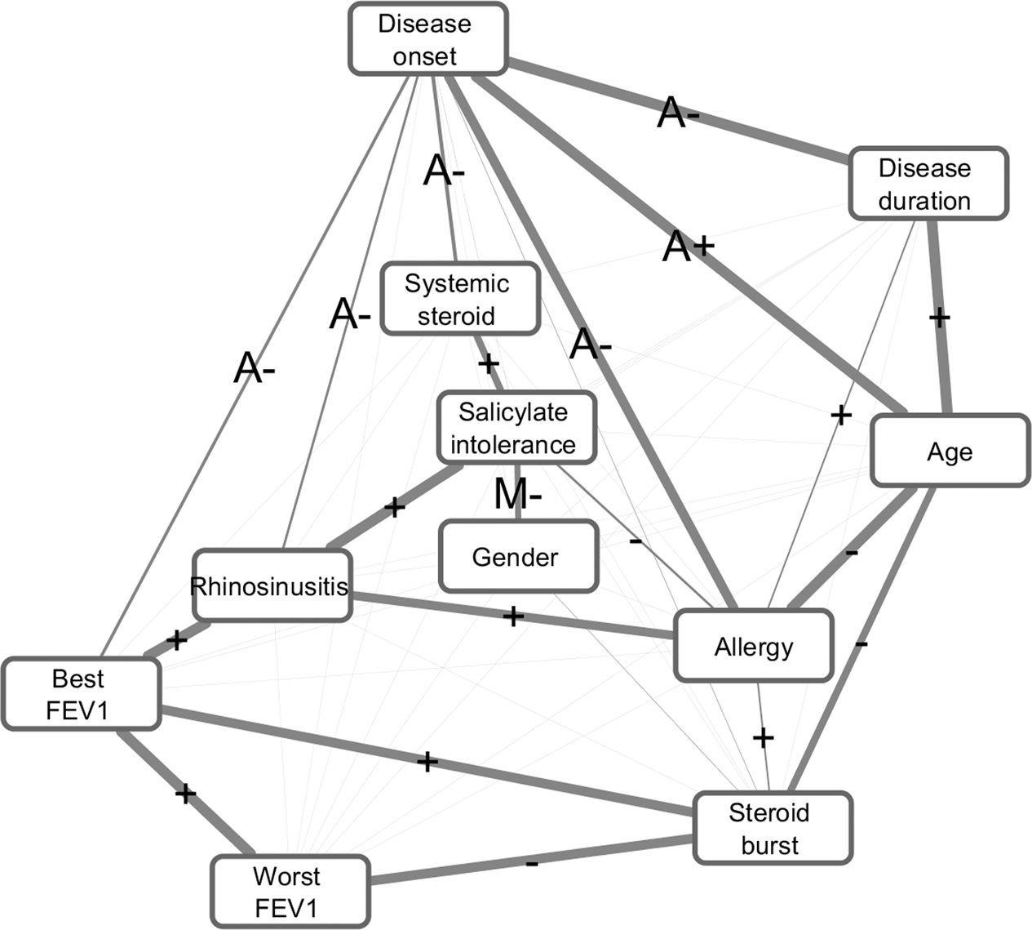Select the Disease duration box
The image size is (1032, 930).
(928, 184)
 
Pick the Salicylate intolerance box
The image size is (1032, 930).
(516, 428)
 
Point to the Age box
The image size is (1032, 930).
(950, 452)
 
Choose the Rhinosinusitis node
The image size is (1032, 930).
(272, 585)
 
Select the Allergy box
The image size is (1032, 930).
(753, 646)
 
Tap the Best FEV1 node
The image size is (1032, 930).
(80, 694)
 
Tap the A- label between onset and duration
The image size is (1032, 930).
(678, 113)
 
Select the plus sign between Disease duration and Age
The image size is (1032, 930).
(940, 317)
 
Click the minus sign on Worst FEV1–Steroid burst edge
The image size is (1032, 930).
(531, 863)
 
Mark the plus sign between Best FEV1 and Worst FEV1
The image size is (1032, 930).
(186, 792)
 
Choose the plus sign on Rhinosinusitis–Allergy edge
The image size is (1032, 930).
(512, 616)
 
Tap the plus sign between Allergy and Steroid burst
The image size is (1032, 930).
(763, 738)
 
